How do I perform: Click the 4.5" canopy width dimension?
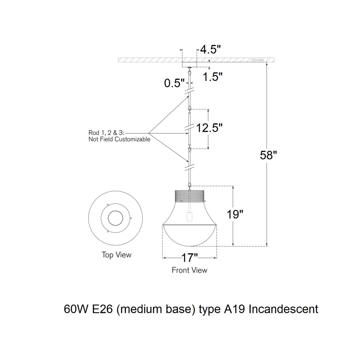(210, 49)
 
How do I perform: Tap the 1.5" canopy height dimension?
(212, 77)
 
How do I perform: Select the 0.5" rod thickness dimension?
(174, 83)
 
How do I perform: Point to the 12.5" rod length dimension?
(209, 127)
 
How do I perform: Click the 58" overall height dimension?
(268, 155)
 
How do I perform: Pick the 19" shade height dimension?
(235, 214)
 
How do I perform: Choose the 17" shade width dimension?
(189, 258)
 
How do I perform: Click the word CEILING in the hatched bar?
(257, 60)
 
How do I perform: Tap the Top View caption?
(117, 255)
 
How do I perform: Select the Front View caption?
(189, 270)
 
